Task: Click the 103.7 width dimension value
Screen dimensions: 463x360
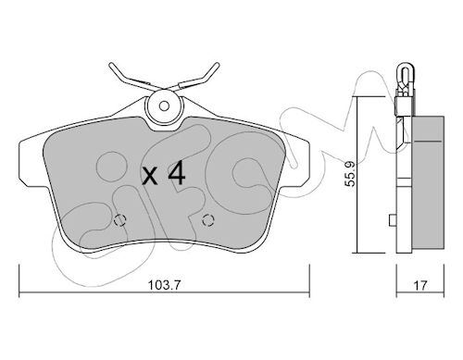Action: pos(164,285)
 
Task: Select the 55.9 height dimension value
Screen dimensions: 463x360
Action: pos(350,174)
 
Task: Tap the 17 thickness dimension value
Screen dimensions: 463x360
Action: pos(420,285)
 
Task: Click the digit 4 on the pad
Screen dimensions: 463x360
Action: pos(176,174)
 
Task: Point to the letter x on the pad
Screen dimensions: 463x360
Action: pos(150,177)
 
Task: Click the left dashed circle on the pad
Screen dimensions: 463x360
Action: pos(120,220)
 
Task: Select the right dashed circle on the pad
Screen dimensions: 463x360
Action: pos(208,220)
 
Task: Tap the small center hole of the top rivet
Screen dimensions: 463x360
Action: pos(164,106)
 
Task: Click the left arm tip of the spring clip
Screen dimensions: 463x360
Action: pos(111,65)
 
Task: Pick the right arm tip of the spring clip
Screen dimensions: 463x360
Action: pos(217,65)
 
